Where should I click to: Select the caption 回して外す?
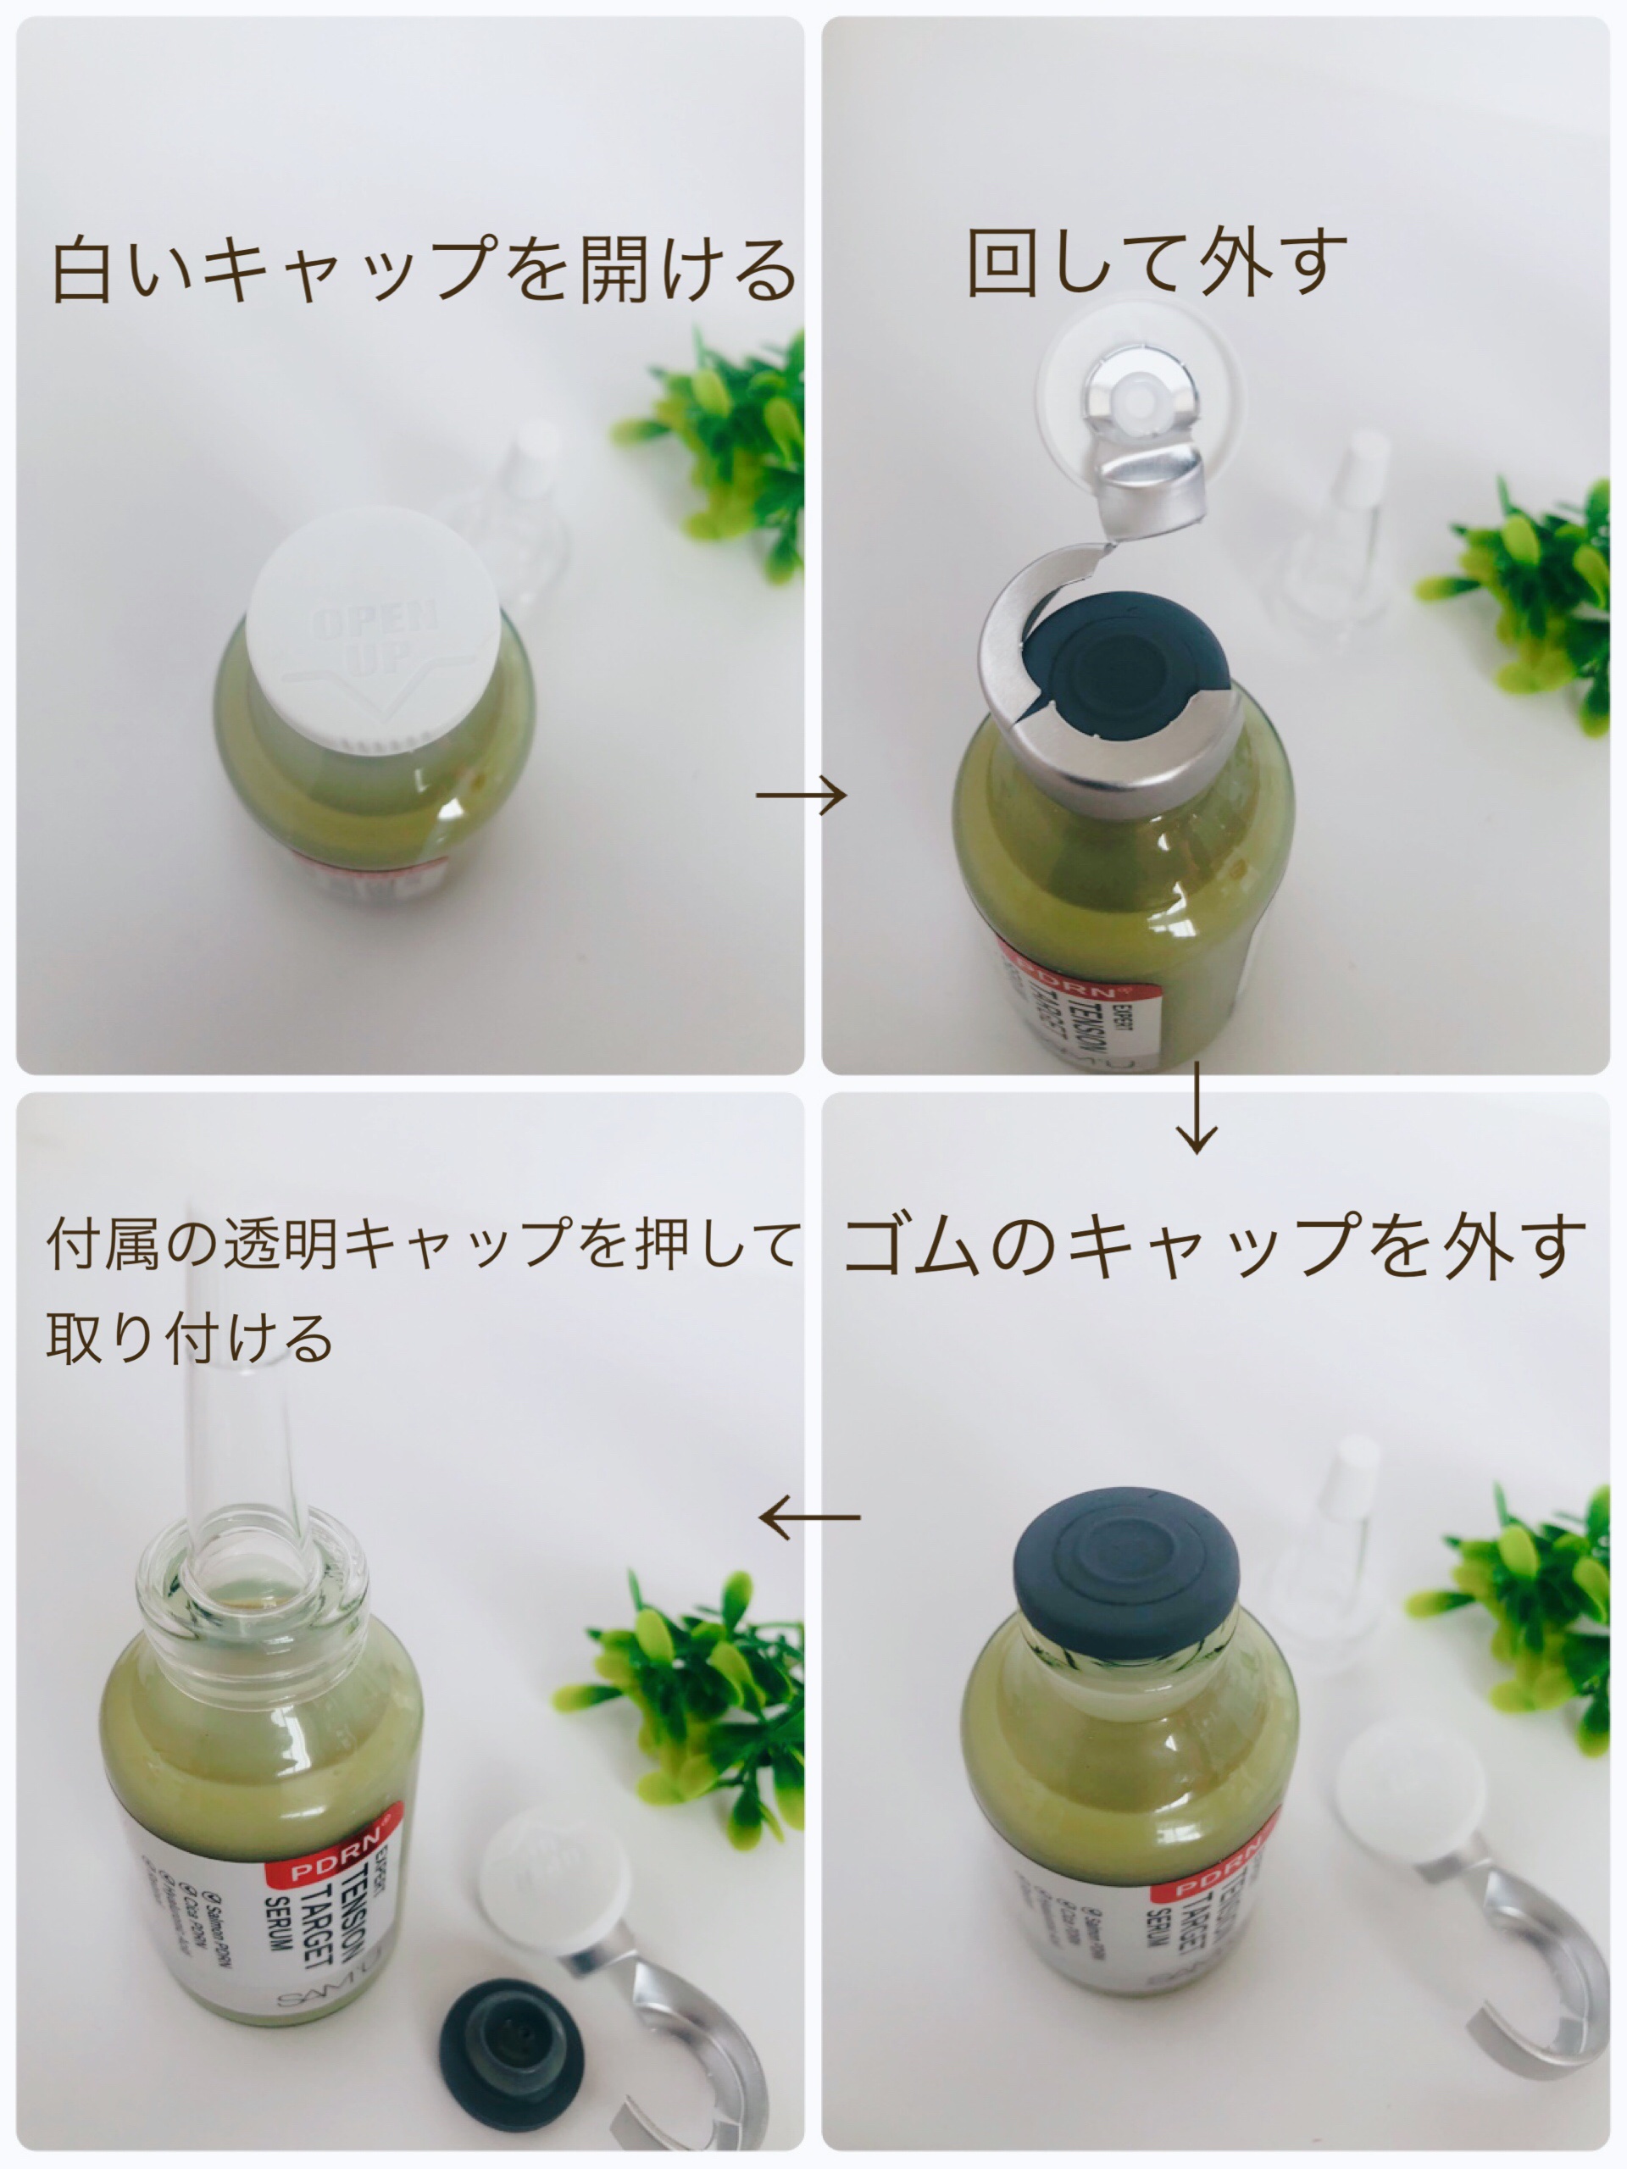pyautogui.click(x=1158, y=262)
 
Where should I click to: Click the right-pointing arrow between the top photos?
pyautogui.click(x=800, y=796)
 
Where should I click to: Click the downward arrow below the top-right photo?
pyautogui.click(x=1197, y=1108)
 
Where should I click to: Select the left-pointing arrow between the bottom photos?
pyautogui.click(x=810, y=1517)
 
